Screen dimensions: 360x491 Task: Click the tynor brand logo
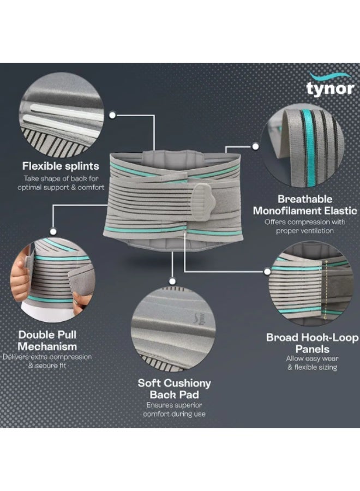tap(330, 84)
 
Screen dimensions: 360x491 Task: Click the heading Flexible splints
tap(61, 166)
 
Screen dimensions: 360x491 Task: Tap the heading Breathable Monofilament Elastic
tap(305, 205)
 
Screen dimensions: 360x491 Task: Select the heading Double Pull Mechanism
tap(47, 340)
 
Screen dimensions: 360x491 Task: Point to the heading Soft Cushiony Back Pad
tap(175, 388)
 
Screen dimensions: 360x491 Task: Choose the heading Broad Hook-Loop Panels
tap(313, 343)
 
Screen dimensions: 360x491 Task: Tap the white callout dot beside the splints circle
tap(112, 115)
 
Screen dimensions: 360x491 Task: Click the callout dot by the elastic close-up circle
tap(255, 146)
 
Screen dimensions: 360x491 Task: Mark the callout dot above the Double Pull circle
tap(53, 231)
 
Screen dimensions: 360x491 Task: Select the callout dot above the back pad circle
tap(172, 281)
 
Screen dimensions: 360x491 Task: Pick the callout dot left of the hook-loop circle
tap(267, 272)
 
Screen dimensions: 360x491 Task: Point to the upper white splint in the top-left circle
tap(67, 111)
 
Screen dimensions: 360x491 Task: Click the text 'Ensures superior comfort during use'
tap(175, 409)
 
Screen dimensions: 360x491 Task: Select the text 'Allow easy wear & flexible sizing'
tap(313, 363)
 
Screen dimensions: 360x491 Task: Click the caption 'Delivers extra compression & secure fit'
tap(47, 361)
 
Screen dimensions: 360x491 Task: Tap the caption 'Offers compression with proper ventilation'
tap(305, 226)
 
